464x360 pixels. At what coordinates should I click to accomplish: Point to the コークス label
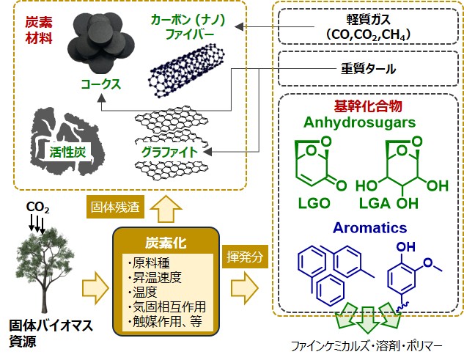click(x=100, y=84)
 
